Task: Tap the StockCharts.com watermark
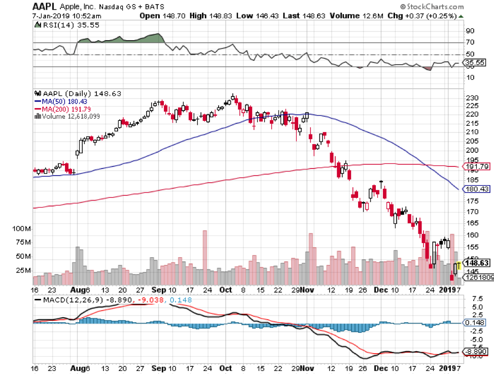(434, 7)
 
